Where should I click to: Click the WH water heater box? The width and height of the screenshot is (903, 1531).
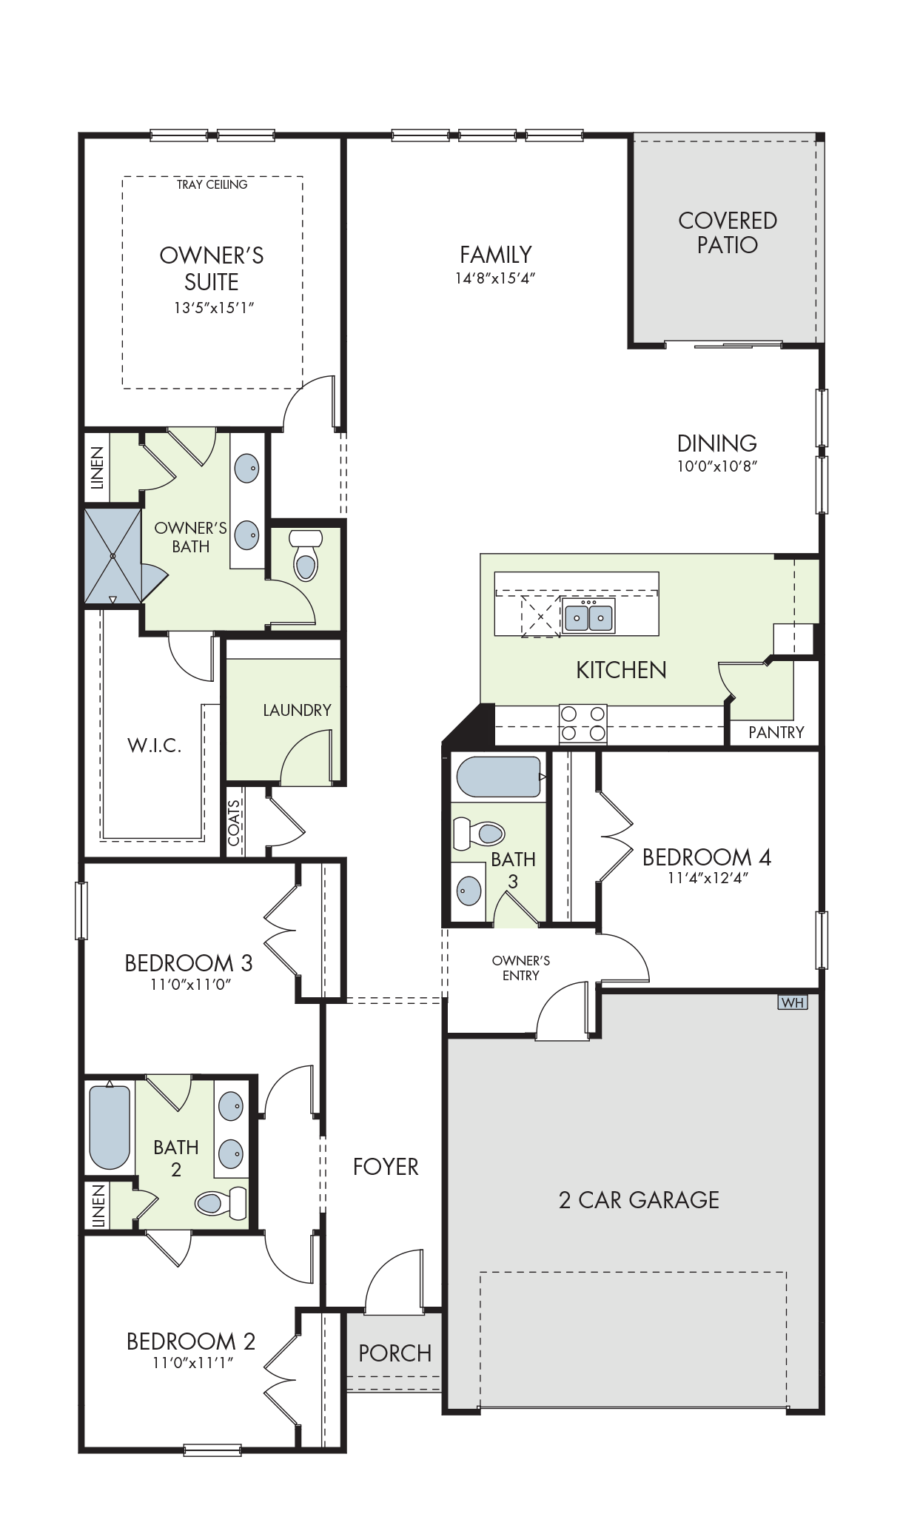coord(792,1002)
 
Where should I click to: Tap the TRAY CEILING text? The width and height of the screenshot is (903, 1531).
coord(212,184)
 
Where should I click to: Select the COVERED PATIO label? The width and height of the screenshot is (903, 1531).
coord(728,232)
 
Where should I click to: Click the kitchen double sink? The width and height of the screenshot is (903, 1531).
coord(589,615)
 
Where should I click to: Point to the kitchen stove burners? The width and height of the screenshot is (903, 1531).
coord(583,723)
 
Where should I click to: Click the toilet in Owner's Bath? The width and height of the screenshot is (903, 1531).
coord(305,555)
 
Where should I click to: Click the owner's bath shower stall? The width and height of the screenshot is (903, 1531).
coord(113,556)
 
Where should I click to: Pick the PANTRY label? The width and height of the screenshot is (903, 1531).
coord(776,732)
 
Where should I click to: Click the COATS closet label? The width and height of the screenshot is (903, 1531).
coord(234,823)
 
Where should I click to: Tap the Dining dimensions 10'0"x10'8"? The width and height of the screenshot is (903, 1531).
coord(717,466)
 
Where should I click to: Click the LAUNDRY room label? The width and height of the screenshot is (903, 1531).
coord(297,710)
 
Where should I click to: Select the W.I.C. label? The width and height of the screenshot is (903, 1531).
coord(155,746)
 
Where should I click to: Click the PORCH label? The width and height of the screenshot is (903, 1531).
coord(395,1353)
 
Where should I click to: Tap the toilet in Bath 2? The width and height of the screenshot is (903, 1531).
coord(221,1202)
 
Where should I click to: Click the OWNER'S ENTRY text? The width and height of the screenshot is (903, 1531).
coord(521,968)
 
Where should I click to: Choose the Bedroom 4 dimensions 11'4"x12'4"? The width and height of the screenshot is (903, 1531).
coord(708,879)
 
